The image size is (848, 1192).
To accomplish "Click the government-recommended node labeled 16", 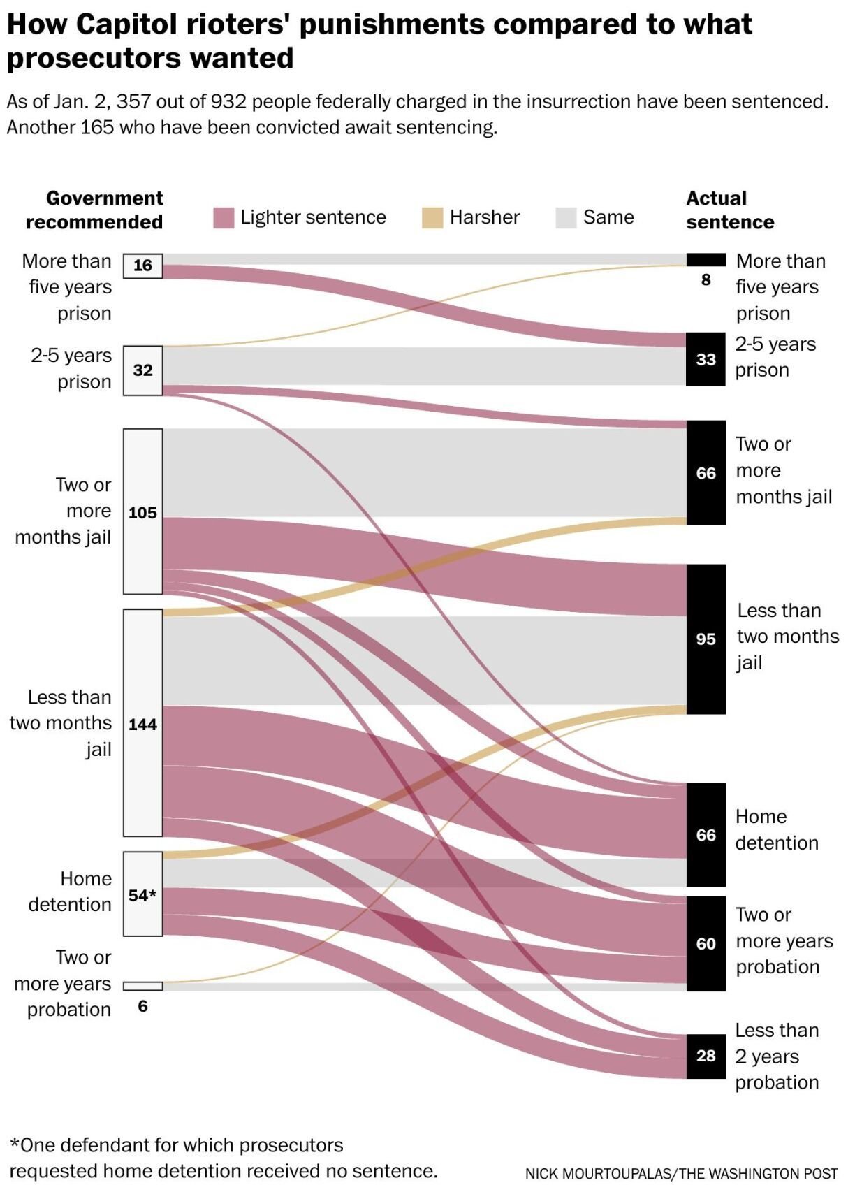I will (x=142, y=266).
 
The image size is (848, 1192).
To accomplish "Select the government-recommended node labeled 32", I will (x=142, y=370).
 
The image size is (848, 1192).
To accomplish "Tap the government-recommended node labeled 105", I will (x=142, y=511).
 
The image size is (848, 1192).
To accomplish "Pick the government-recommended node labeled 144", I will (x=142, y=723).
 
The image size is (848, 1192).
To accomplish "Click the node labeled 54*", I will (x=142, y=894).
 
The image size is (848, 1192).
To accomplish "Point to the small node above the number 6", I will (x=142, y=986).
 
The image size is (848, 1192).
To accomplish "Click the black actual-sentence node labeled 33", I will (x=706, y=359).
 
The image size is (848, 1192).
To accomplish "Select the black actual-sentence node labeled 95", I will (x=706, y=639).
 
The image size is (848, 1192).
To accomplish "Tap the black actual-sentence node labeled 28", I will (x=706, y=1056).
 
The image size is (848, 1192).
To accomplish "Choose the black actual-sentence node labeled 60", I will (x=706, y=943).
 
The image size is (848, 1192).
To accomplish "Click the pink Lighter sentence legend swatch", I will (x=223, y=218).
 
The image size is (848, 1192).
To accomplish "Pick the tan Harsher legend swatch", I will (x=432, y=218).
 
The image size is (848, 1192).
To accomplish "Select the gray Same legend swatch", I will (x=566, y=218).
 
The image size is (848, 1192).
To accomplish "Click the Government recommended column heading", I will (x=95, y=210).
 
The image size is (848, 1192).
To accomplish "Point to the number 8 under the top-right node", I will (x=706, y=280).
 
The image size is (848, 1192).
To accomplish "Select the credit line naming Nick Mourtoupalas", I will (x=681, y=1173).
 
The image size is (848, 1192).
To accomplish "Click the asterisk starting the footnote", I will (x=14, y=1144).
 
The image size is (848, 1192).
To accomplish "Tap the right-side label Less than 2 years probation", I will (x=776, y=1056).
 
